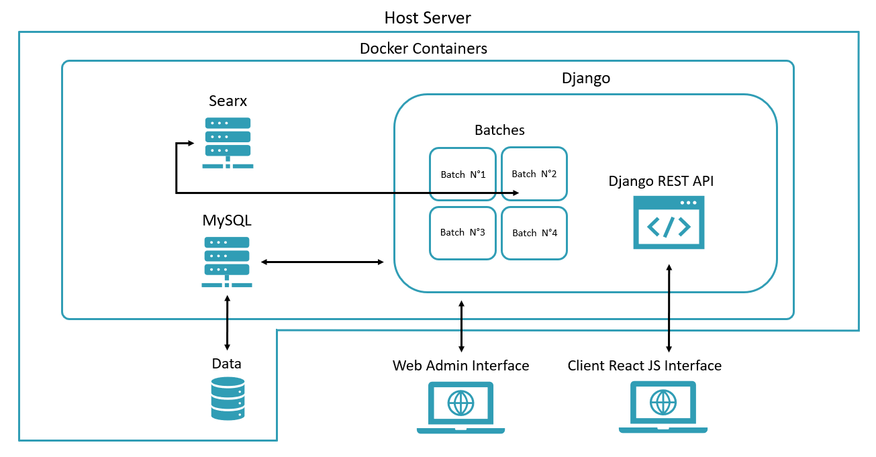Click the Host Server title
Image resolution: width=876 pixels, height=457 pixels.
[428, 17]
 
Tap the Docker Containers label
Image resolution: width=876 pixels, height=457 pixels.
[424, 48]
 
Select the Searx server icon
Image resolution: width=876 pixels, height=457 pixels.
[228, 142]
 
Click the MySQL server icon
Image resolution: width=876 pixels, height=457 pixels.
[227, 262]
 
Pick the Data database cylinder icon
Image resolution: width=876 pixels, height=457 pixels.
[228, 399]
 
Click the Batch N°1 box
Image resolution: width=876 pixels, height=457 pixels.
[463, 174]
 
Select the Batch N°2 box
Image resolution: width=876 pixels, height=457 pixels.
[534, 174]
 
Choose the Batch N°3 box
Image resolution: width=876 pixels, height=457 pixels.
[463, 232]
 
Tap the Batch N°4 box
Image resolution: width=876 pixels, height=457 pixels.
[534, 233]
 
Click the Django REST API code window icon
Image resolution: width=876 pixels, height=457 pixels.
[669, 223]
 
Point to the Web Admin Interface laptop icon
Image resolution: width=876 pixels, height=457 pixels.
[460, 407]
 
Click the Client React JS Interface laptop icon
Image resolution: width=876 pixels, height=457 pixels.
[663, 407]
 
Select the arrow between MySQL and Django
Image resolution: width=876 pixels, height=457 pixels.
[322, 262]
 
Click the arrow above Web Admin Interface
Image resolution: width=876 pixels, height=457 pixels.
[461, 326]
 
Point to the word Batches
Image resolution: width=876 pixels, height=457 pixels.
[499, 130]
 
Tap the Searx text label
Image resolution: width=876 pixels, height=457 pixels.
[228, 101]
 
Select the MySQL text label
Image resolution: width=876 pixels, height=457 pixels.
[227, 220]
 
